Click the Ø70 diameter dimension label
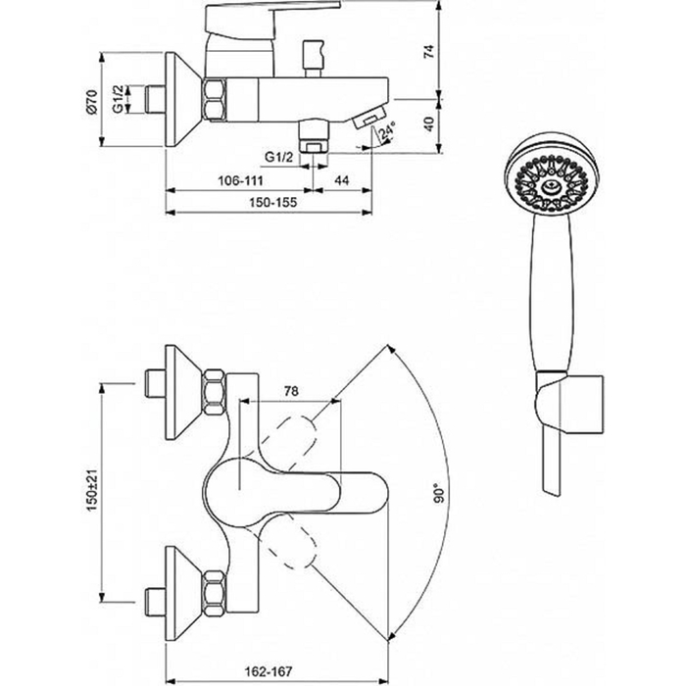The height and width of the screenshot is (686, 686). point(91,102)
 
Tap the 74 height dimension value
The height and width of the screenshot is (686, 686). point(429,52)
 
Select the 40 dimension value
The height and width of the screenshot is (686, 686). point(429,123)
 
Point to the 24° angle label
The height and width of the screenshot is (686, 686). point(388,131)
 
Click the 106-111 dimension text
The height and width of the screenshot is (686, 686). point(241,180)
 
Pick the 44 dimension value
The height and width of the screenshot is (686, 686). point(342,180)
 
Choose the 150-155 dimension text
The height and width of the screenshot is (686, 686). point(273,202)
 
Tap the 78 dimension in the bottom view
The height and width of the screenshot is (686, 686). point(291,391)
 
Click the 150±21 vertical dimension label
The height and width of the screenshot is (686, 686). point(92,490)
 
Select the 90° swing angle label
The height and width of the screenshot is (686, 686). point(439,494)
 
